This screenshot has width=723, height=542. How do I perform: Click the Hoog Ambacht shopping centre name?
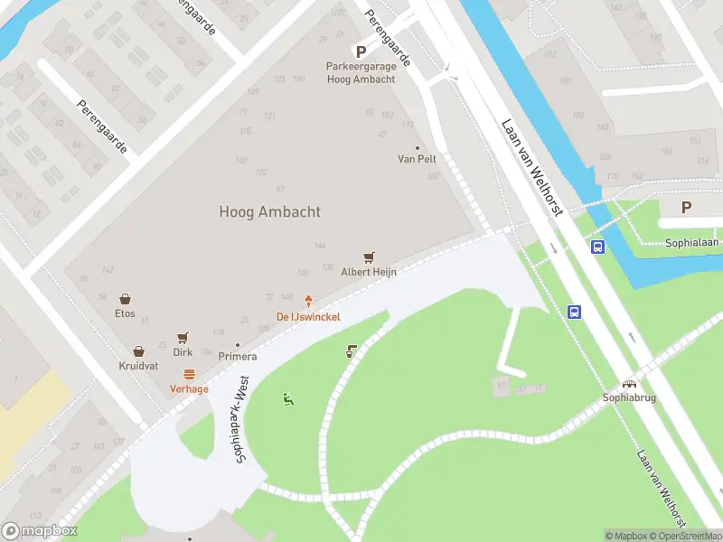(269, 211)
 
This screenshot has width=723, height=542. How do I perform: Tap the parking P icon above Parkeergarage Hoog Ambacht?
(361, 52)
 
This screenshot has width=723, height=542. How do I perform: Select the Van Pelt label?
(417, 159)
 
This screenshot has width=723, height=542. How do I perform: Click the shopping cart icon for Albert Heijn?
(369, 257)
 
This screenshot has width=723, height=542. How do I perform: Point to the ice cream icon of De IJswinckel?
(308, 301)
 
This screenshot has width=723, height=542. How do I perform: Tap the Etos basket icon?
(125, 299)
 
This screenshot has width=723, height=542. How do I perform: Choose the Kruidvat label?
(138, 366)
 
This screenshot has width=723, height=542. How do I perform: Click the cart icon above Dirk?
(183, 338)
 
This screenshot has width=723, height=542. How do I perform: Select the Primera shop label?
(238, 356)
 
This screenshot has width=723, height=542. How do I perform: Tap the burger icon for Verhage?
(189, 374)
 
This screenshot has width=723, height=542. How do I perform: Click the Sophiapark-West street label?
(242, 421)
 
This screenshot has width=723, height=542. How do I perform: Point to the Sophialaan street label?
(690, 243)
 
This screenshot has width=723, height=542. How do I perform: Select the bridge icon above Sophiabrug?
(629, 383)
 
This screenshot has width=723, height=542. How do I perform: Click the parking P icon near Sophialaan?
(686, 208)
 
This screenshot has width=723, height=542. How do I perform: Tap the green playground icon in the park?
(287, 398)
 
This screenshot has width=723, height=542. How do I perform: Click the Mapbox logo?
(40, 531)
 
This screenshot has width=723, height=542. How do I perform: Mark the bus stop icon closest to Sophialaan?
(597, 247)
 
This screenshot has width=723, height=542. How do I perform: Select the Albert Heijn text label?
(369, 271)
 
